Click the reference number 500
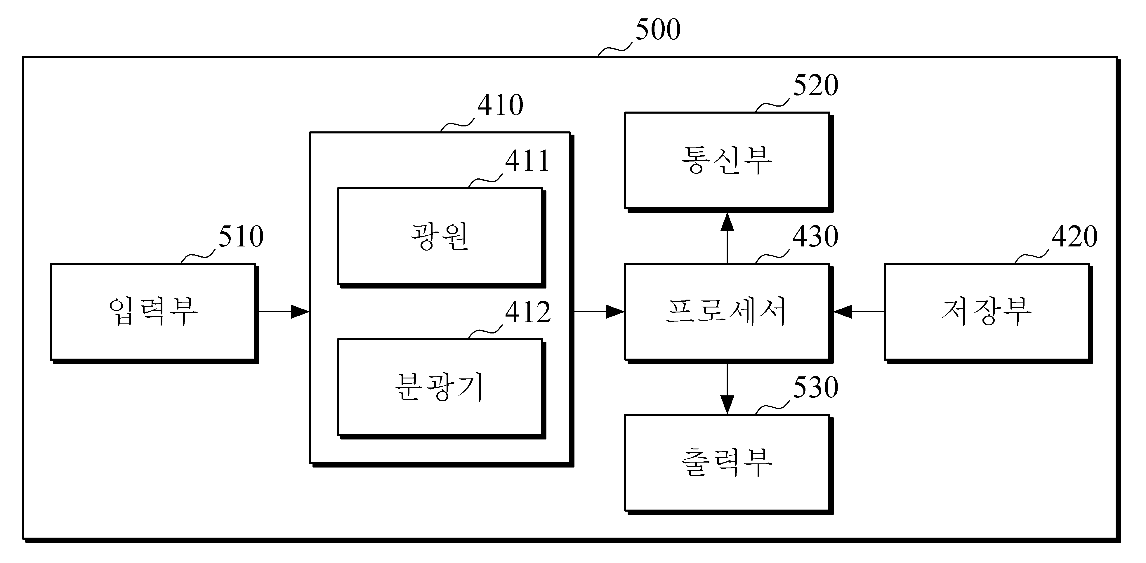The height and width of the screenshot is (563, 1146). coord(658,30)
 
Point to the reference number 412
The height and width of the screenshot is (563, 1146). coord(528,312)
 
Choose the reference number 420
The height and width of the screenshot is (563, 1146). coord(1075,236)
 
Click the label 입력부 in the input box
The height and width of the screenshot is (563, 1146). coord(153,311)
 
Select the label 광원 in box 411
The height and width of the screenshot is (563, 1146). coord(440,236)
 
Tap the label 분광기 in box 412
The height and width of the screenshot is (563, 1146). coord(440,387)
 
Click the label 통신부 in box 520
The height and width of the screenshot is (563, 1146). coord(727,160)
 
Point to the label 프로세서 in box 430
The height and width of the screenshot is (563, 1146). coord(727,311)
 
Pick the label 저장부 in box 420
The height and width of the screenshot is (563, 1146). coord(986,311)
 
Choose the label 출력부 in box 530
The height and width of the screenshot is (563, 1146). coord(727,463)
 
